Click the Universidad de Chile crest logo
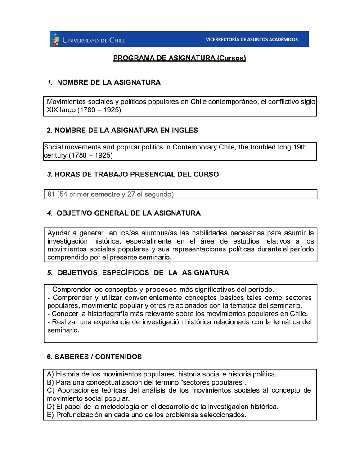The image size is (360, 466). click(x=55, y=39)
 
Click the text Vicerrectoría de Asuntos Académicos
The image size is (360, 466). click(x=252, y=40)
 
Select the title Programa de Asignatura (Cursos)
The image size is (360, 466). click(x=179, y=59)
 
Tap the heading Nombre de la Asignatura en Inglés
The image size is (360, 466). click(x=122, y=131)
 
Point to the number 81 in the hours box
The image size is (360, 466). click(x=51, y=195)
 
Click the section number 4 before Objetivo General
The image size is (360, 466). click(x=49, y=213)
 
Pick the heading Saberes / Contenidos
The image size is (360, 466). click(x=94, y=357)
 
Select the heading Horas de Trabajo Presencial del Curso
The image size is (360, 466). click(x=133, y=175)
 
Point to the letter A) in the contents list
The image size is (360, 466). click(x=50, y=374)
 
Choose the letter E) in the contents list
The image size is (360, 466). click(x=50, y=415)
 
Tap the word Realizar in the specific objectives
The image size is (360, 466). click(x=66, y=322)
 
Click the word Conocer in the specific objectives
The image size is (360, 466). click(x=65, y=314)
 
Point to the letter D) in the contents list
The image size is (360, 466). click(x=50, y=407)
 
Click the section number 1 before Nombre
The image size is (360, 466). click(x=49, y=83)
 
